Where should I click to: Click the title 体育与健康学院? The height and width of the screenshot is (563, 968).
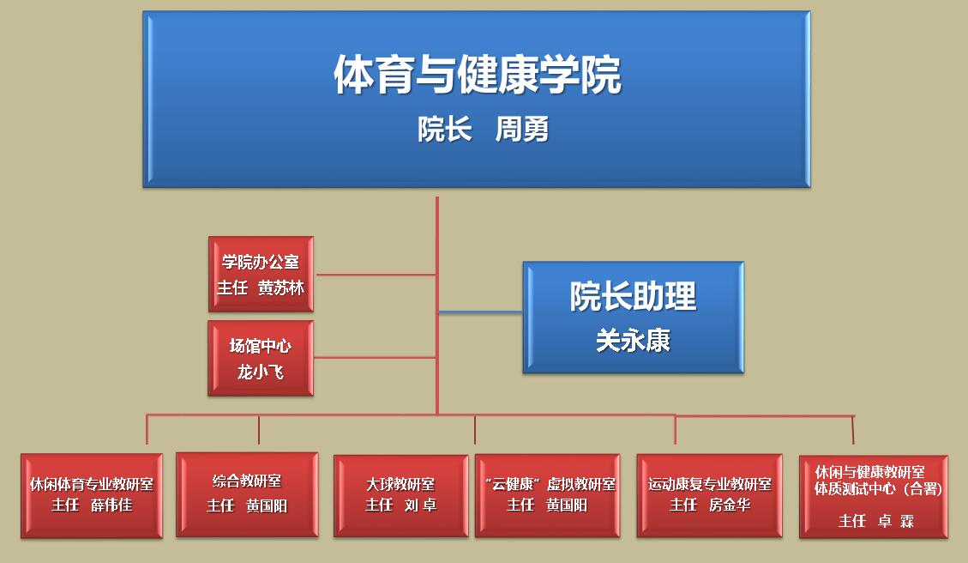tap(478, 75)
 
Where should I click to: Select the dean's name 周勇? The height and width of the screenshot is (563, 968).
tap(521, 130)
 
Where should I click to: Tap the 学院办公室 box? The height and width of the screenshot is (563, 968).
tap(262, 274)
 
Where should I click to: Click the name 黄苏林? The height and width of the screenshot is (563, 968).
tap(281, 288)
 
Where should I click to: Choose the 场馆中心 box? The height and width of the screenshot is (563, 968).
tap(261, 358)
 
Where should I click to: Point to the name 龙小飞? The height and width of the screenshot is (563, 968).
tap(261, 372)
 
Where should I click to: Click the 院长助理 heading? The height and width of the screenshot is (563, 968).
tap(633, 296)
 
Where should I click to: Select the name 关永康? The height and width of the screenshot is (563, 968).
tap(633, 341)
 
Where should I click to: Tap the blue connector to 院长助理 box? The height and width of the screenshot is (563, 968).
tap(480, 312)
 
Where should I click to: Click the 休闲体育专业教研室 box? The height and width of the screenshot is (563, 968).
tap(92, 496)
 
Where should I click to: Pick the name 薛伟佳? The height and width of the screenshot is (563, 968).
tap(111, 505)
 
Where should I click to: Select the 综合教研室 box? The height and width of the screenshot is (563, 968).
tap(247, 494)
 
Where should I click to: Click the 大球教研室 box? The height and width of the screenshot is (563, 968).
tap(401, 496)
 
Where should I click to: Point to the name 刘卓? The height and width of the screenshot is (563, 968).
tap(421, 505)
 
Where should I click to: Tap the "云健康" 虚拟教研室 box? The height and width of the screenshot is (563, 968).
tap(548, 496)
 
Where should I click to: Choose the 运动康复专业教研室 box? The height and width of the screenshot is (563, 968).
tap(709, 496)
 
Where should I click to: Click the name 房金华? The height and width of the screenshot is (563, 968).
tap(730, 505)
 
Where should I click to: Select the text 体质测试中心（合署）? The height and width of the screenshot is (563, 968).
tap(879, 489)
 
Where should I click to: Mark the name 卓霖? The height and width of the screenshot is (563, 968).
tap(896, 522)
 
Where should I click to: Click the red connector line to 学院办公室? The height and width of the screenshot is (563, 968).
tap(376, 275)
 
